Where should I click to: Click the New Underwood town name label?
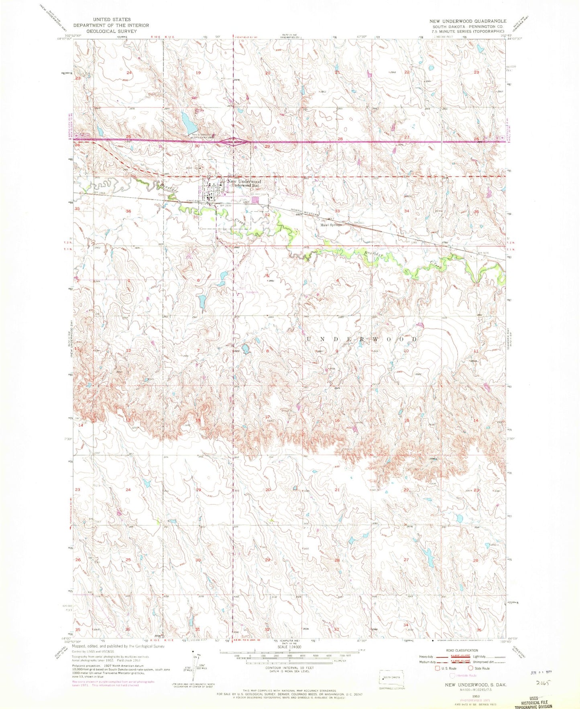244,181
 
